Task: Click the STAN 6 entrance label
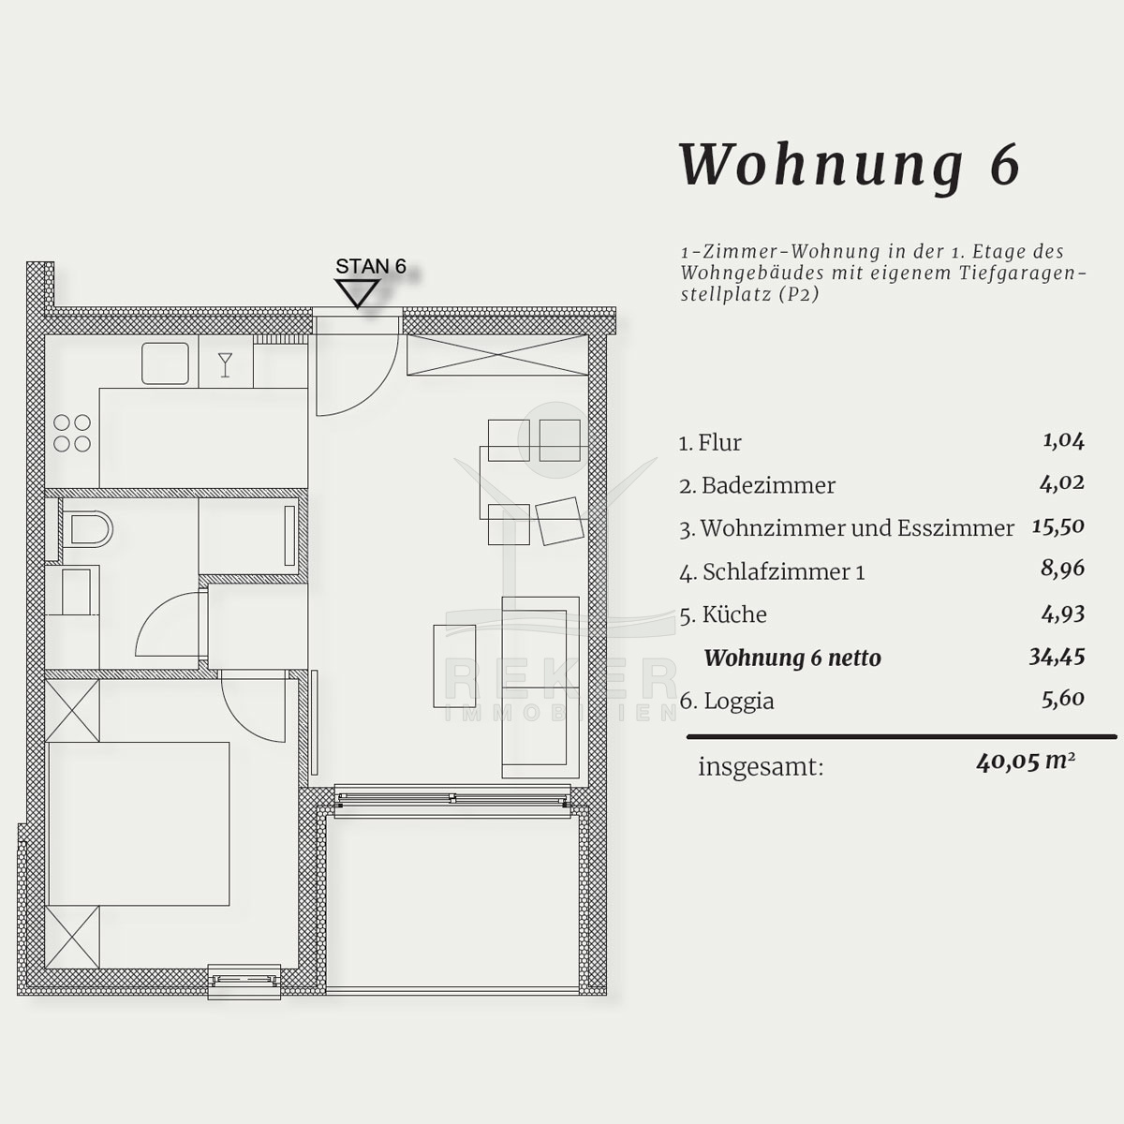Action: [370, 266]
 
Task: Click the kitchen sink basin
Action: [165, 362]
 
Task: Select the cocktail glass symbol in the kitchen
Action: [225, 365]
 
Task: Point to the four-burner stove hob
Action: [72, 433]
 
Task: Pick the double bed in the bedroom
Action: [139, 823]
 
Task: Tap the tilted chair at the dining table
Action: [560, 521]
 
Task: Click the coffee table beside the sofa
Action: [454, 666]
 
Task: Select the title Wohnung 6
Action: [850, 166]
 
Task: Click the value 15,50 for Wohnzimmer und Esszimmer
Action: [1058, 526]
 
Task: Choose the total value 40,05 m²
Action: [1026, 762]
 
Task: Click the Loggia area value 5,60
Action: [1063, 698]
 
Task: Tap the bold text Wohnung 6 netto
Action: [792, 658]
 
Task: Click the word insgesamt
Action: [761, 767]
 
